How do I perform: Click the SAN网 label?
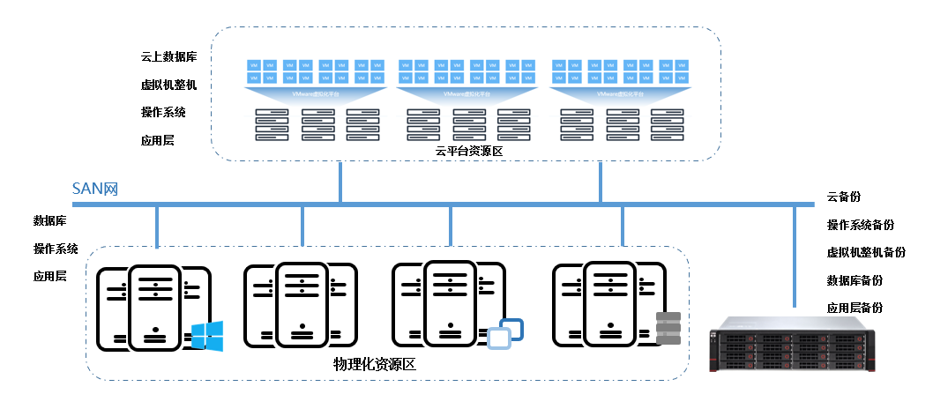pyautogui.click(x=95, y=189)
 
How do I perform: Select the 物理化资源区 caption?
pyautogui.click(x=374, y=365)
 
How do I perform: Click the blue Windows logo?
pyautogui.click(x=207, y=336)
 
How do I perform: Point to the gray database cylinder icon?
pyautogui.click(x=669, y=328)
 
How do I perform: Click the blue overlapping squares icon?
pyautogui.click(x=506, y=333)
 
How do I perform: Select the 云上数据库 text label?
pyautogui.click(x=169, y=57)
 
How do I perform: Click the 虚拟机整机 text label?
pyautogui.click(x=169, y=85)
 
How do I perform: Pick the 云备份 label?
pyautogui.click(x=844, y=197)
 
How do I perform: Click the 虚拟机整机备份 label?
pyautogui.click(x=866, y=253)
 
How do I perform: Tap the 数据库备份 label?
pyautogui.click(x=855, y=280)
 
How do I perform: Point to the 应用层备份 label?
pyautogui.click(x=855, y=308)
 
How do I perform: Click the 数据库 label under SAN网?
pyautogui.click(x=50, y=220)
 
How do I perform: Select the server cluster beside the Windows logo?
pyautogui.click(x=153, y=305)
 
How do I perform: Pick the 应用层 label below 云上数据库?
pyautogui.click(x=157, y=139)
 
